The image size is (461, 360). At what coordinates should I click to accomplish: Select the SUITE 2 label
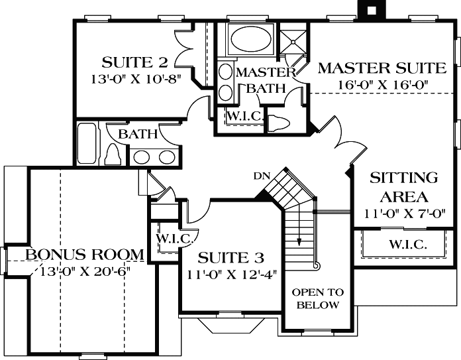(x=134, y=63)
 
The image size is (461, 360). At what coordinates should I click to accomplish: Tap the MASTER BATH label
(x=265, y=80)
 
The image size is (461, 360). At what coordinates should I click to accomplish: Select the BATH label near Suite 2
(x=138, y=135)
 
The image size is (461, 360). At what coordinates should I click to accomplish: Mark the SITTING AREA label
(x=403, y=187)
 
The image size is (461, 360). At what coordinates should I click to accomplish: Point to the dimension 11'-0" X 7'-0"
(x=403, y=213)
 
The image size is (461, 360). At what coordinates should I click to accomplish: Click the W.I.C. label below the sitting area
(x=407, y=244)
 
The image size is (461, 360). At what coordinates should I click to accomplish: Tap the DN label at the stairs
(x=260, y=176)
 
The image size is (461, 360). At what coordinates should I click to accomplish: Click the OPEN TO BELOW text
(x=318, y=298)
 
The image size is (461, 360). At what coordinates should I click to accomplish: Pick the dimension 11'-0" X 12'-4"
(x=232, y=272)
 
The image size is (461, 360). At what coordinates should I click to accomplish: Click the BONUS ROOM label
(x=85, y=255)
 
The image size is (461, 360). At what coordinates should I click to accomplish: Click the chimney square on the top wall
(x=371, y=9)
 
